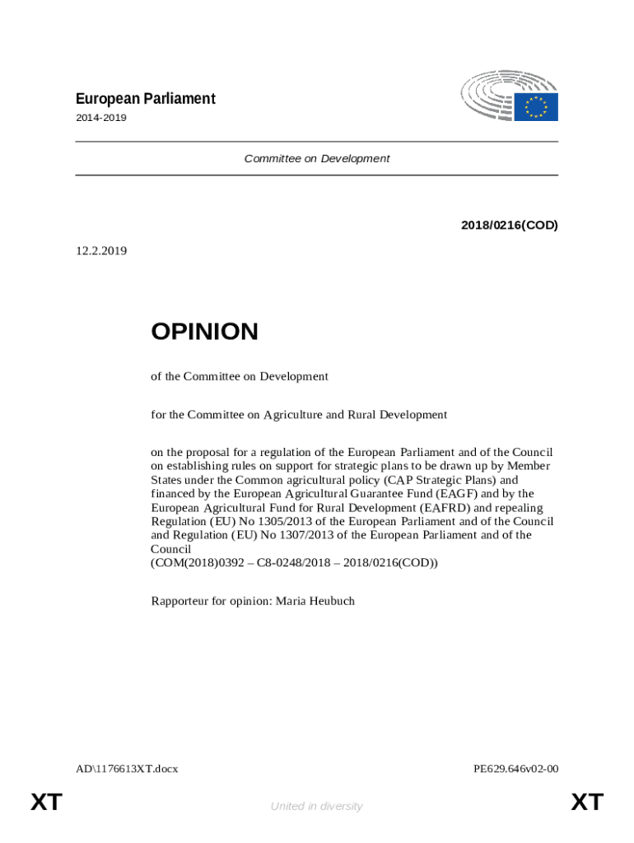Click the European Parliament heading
tap(145, 99)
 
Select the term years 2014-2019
tap(101, 118)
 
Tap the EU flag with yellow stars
tap(537, 107)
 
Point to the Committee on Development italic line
tap(317, 158)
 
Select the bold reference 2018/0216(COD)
tap(510, 225)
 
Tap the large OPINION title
tap(204, 332)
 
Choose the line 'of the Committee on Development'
tap(240, 376)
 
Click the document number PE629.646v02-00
tap(516, 769)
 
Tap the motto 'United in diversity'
tap(316, 806)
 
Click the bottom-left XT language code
tap(47, 803)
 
